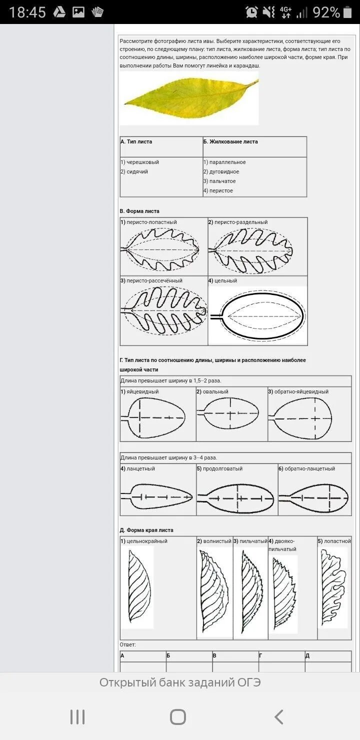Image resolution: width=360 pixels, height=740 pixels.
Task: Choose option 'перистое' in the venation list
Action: point(220,190)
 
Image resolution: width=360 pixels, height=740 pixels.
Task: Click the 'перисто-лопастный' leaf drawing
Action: point(162,249)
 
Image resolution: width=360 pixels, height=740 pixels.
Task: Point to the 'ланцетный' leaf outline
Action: point(157,496)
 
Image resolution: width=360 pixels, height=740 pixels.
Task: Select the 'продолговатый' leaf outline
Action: point(237,498)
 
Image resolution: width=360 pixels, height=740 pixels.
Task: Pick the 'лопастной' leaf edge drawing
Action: point(333,587)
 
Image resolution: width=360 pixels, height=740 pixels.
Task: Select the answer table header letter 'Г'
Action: point(261,655)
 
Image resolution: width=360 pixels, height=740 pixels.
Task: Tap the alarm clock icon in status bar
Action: point(251,12)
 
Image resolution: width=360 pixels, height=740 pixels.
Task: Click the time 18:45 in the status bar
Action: point(27,12)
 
